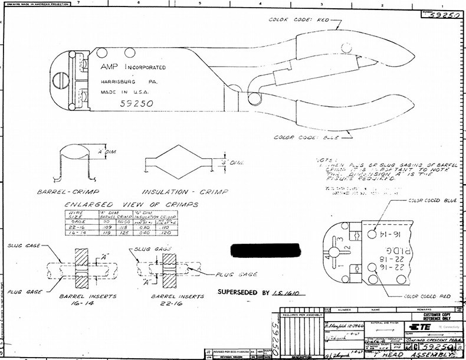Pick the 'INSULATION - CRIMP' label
[x=173, y=192]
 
